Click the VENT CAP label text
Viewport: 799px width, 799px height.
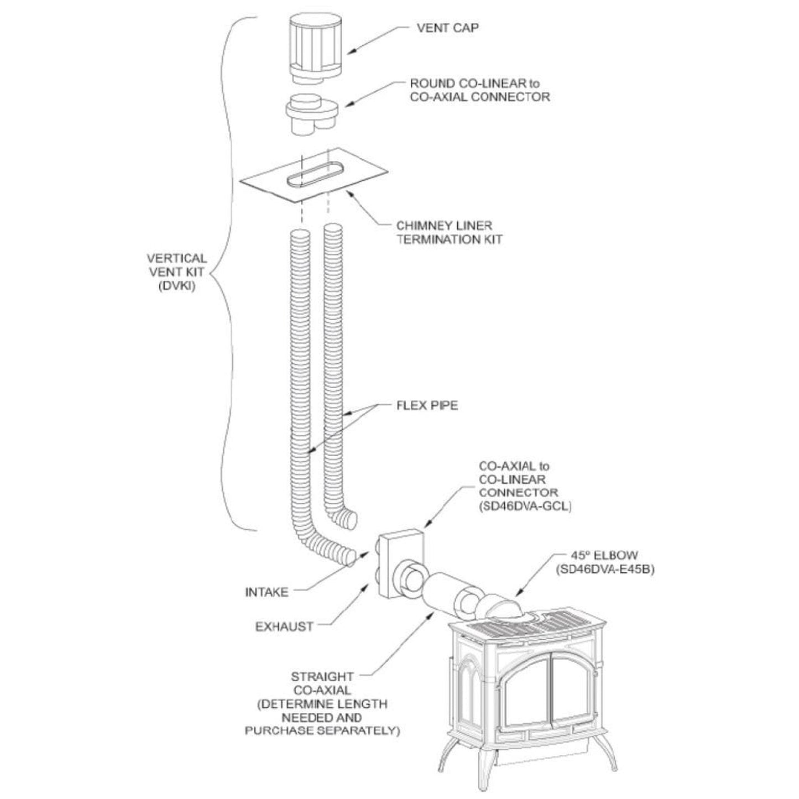click(447, 28)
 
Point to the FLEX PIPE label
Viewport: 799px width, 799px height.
click(427, 405)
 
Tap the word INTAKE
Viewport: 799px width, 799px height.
click(267, 593)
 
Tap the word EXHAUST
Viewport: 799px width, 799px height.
click(284, 626)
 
